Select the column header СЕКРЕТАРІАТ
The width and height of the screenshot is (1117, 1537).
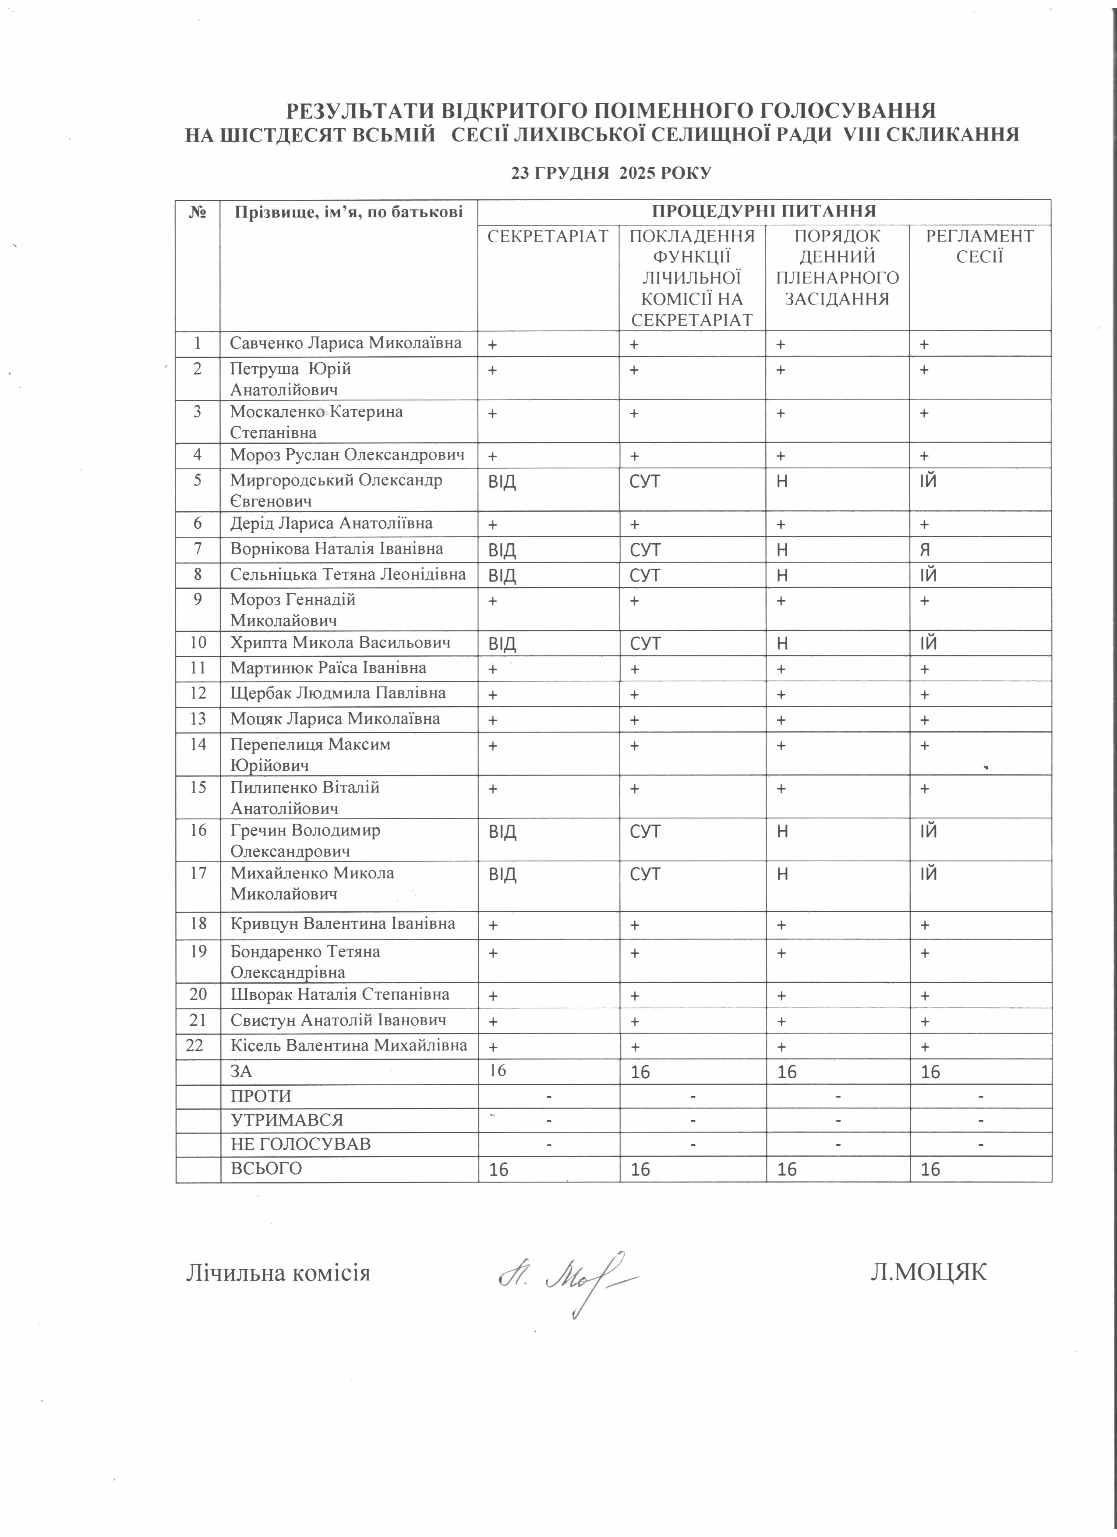pos(548,236)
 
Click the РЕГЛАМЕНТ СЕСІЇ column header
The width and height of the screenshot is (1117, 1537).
pos(979,246)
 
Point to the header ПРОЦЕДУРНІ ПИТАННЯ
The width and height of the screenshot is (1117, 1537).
pos(764,211)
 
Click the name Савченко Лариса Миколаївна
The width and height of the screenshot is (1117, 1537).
pos(346,343)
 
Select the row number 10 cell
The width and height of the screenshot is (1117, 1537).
pos(198,642)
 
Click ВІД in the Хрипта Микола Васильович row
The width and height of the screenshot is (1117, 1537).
pos(502,644)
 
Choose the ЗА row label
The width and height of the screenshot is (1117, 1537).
pos(242,1071)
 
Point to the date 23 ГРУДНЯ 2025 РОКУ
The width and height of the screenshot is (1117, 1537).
pos(612,173)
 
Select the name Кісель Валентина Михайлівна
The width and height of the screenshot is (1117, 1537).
pos(349,1045)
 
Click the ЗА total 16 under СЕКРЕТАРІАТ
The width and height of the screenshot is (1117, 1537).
pos(498,1070)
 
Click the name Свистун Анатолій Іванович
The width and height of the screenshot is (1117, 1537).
pos(338,1020)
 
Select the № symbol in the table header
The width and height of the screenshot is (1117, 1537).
pos(198,212)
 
